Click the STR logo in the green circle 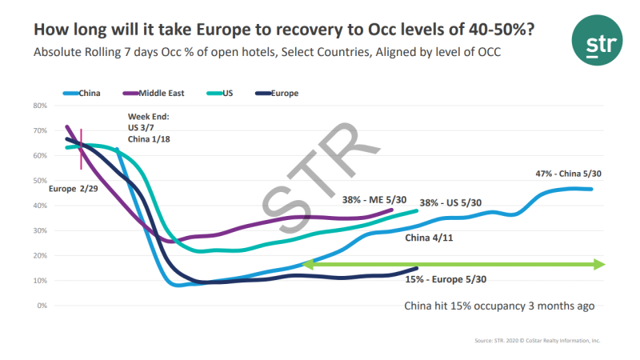click(x=596, y=44)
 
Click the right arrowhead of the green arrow click(x=601, y=265)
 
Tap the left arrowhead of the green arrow click(x=307, y=265)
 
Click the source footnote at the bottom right click(x=535, y=340)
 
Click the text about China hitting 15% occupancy click(x=499, y=306)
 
